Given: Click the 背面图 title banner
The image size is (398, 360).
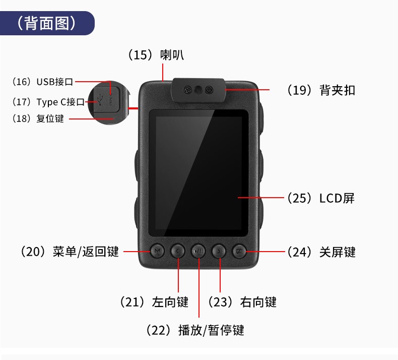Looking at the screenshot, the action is (47, 23).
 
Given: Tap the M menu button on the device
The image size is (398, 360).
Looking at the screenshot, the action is (157, 251).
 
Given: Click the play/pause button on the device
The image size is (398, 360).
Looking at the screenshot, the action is (198, 251).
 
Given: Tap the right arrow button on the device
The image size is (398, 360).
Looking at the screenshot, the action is (219, 251).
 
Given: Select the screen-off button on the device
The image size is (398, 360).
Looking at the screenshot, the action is (239, 251).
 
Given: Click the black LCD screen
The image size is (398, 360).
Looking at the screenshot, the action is (198, 173).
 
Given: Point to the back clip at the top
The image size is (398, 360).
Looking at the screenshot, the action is (198, 90).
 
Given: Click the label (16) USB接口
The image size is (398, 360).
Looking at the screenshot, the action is (43, 82).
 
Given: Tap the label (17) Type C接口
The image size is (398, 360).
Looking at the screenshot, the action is (48, 102).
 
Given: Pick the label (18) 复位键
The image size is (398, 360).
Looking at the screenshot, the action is (38, 118).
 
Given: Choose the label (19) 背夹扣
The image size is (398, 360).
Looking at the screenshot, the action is (321, 90).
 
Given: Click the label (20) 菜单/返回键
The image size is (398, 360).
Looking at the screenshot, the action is (70, 252).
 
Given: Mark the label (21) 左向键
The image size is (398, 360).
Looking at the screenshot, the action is (154, 302).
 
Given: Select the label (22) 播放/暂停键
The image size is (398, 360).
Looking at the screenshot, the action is (195, 330).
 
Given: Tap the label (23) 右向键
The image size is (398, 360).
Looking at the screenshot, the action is (242, 302).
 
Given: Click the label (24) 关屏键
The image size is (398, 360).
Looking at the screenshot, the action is (321, 252).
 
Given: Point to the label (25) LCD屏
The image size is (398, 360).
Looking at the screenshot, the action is (321, 198).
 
